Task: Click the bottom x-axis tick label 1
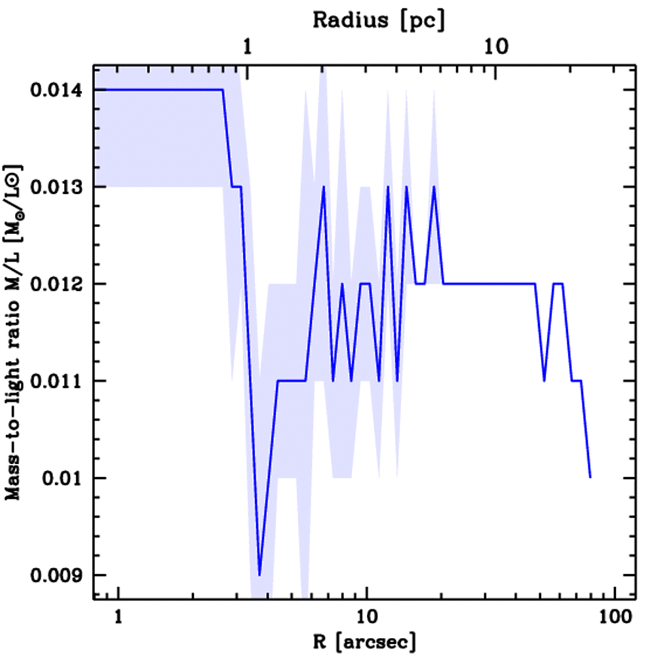119,617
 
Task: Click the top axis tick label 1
248,47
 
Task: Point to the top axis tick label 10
495,47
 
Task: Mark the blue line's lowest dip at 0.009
260,575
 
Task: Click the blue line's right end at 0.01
590,477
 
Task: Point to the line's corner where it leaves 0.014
223,90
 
